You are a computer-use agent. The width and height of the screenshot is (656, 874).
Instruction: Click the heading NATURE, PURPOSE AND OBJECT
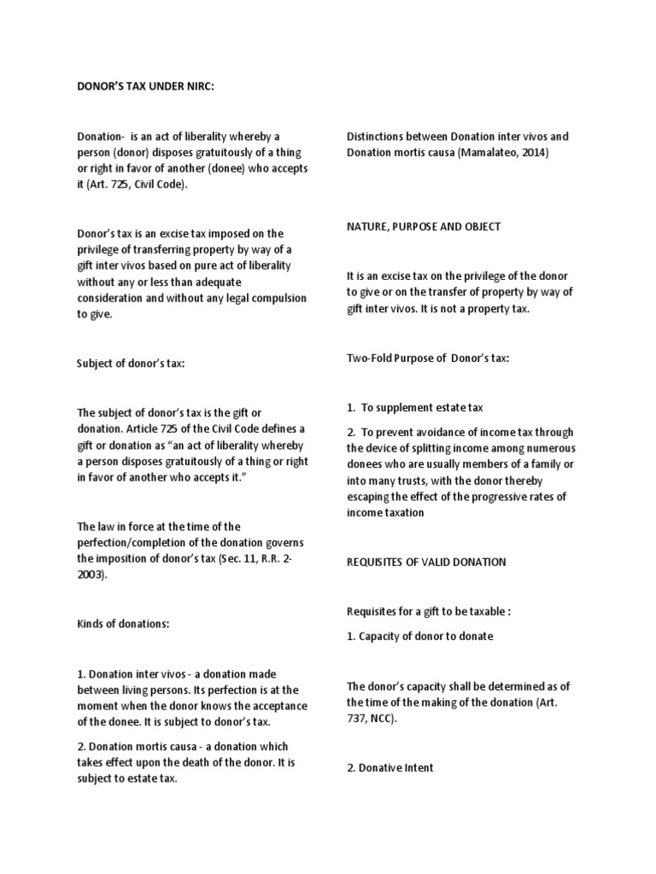tap(424, 227)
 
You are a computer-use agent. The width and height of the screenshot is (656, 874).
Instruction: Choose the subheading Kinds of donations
tap(124, 624)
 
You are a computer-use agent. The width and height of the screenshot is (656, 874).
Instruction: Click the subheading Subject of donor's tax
tap(131, 364)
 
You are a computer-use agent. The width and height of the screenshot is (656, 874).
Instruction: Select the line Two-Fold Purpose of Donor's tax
tap(428, 358)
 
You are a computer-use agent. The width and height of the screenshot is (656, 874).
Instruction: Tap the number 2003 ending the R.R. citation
tap(96, 574)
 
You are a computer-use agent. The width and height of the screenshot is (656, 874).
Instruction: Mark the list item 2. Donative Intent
tap(390, 767)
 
